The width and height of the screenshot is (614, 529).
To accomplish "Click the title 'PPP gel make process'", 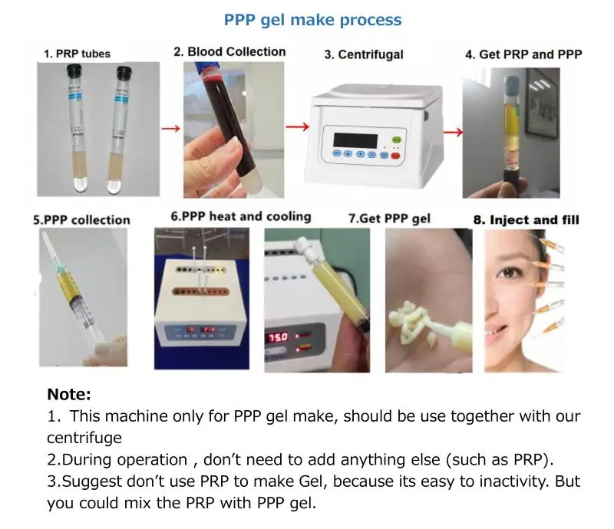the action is [x=312, y=20].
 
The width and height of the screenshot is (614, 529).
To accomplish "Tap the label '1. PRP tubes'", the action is [x=78, y=54].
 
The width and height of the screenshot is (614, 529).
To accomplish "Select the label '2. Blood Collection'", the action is [x=229, y=51].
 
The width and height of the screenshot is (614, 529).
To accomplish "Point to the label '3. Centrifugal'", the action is [x=364, y=54].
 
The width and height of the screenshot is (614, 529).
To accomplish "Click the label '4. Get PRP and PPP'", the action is [x=523, y=54].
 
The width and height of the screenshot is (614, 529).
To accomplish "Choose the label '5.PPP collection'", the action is [x=81, y=220].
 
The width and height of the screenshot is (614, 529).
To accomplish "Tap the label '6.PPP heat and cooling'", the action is [x=241, y=216].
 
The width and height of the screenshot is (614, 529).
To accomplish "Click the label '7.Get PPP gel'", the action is [x=389, y=219].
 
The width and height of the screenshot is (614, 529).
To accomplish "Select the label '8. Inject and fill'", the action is [x=526, y=219].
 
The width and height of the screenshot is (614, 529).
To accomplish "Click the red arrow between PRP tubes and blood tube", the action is [x=170, y=128].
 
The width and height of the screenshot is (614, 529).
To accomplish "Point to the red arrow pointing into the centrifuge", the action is [x=298, y=127].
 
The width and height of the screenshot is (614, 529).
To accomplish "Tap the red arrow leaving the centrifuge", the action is [x=453, y=132].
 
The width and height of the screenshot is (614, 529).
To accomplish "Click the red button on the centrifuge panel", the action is [x=395, y=156].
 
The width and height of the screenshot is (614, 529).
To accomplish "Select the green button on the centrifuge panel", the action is [x=396, y=140].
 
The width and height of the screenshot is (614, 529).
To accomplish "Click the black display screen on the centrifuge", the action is [x=355, y=141].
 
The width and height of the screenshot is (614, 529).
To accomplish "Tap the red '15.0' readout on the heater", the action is [x=278, y=337].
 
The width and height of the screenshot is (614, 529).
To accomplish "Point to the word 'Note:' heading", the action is [x=69, y=394].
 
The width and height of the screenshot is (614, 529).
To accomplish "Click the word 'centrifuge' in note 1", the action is [x=84, y=438].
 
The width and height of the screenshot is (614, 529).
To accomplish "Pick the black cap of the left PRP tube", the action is [x=74, y=71].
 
